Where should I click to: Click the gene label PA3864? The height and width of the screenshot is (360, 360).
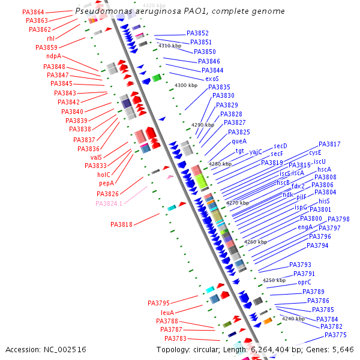point(33,12)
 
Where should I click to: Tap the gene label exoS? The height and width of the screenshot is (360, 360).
point(212,79)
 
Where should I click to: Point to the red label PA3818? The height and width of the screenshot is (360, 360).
point(122,224)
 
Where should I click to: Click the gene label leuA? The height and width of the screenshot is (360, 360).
point(167,313)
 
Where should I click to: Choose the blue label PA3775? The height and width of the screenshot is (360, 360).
point(335,335)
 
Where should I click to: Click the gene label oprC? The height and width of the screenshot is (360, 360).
point(305,282)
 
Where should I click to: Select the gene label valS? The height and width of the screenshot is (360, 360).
point(96,157)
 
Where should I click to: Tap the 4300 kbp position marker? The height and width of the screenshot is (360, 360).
point(186,86)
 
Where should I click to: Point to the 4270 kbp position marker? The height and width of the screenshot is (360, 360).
point(238,203)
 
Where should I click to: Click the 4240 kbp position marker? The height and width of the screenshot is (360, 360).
point(293,319)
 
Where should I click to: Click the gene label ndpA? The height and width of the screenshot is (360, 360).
point(54,56)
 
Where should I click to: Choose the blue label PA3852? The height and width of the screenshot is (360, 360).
point(198,34)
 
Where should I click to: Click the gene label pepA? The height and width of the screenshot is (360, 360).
point(106,183)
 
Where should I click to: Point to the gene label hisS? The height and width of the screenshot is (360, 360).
point(324,201)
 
